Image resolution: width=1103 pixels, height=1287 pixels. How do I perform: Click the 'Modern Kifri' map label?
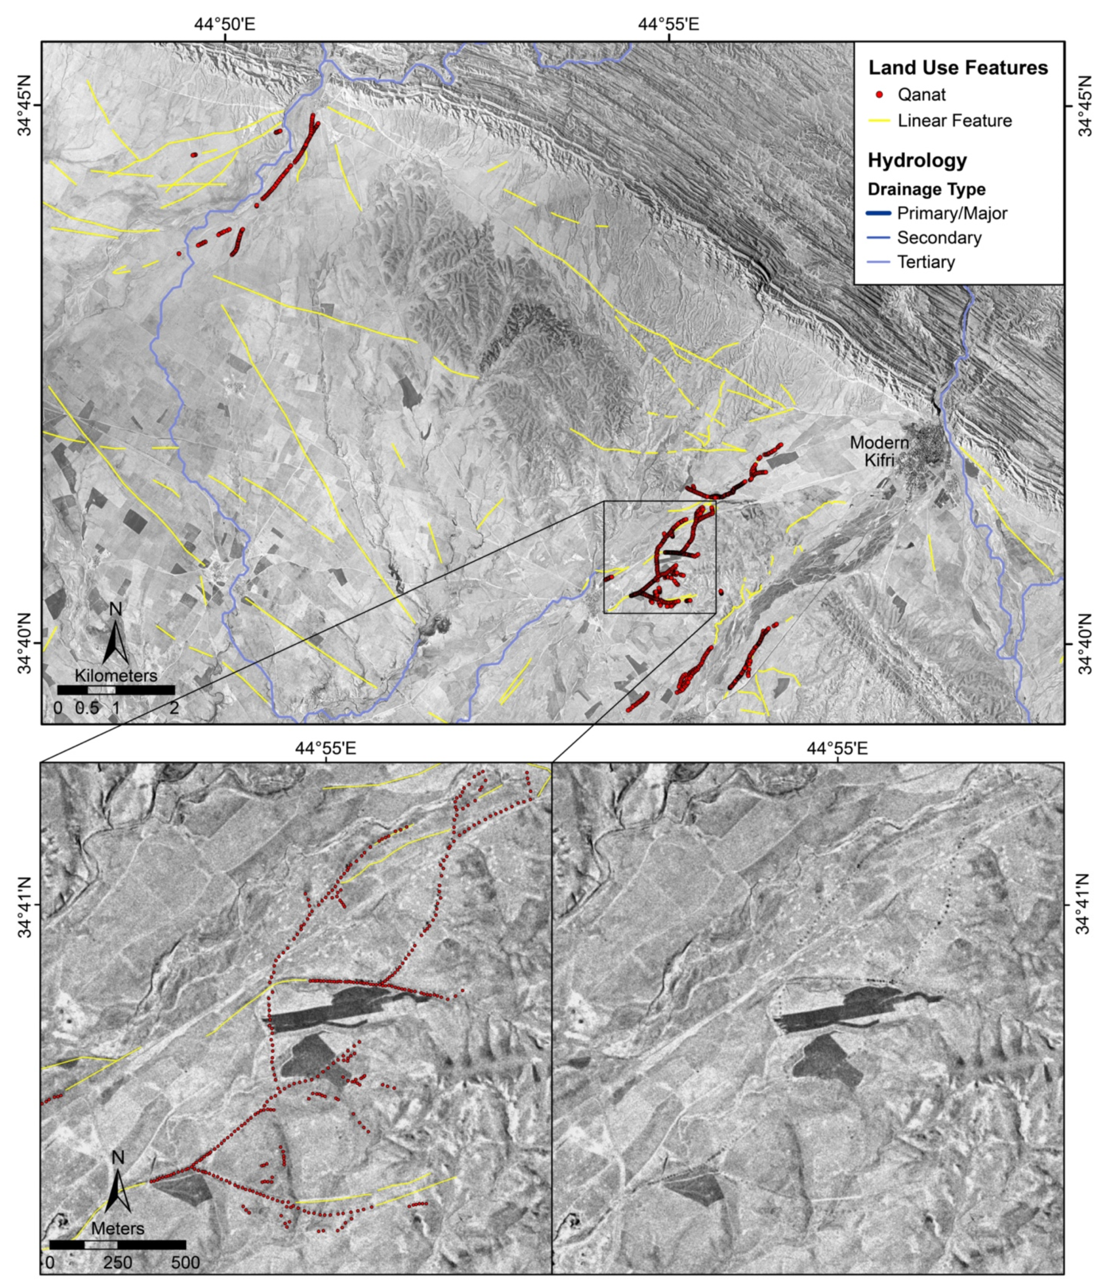(x=879, y=451)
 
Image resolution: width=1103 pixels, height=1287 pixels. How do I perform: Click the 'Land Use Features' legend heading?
(x=958, y=68)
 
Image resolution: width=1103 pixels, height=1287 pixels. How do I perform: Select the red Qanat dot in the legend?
(x=879, y=94)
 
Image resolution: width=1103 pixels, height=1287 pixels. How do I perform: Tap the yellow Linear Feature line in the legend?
(x=879, y=121)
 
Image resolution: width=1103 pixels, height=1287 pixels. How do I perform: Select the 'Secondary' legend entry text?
(x=939, y=238)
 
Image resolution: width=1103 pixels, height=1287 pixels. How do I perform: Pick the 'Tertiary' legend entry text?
(x=926, y=262)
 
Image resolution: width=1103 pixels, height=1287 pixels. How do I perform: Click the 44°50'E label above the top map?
(x=225, y=24)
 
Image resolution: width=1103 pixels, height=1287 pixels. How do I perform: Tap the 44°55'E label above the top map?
(x=669, y=24)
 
